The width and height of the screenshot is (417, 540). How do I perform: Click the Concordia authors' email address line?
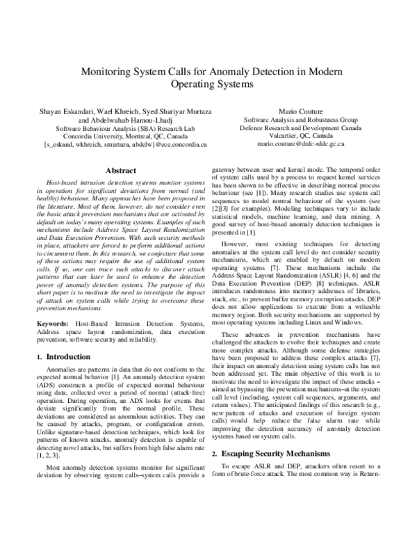[x=125, y=147]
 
